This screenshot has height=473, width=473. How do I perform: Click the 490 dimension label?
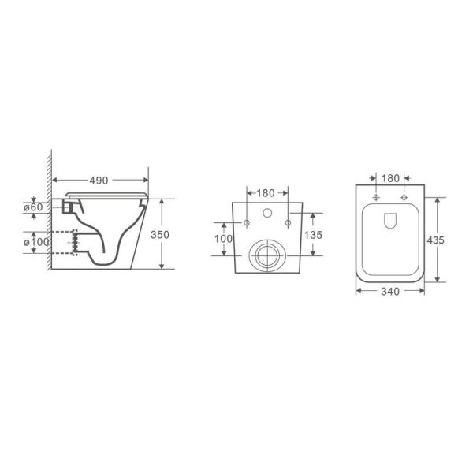tap(99, 181)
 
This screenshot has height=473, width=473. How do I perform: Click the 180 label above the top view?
tap(390, 178)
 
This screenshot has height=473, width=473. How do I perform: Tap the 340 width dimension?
tap(390, 292)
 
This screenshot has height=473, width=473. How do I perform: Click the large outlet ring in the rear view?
tap(265, 254)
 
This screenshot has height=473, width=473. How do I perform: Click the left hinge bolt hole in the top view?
tap(377, 197)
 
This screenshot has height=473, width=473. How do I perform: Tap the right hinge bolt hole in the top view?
tap(404, 197)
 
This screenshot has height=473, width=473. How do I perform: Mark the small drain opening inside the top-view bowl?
tap(390, 223)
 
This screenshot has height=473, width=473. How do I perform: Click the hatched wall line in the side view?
tap(50, 213)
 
